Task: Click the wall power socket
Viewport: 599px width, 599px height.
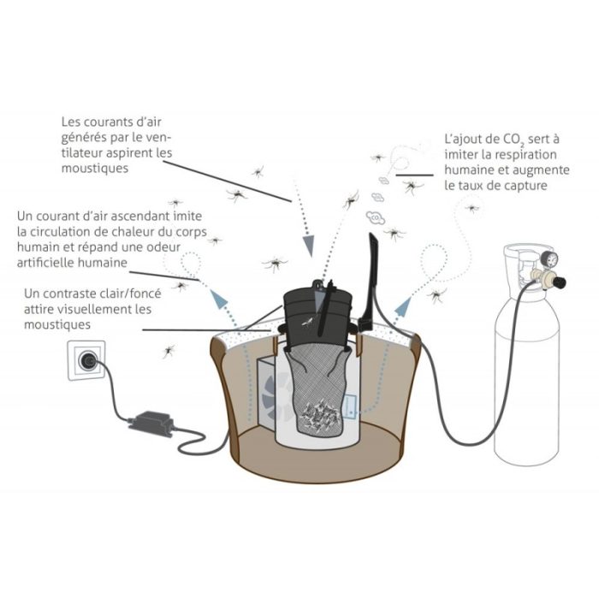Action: point(86,360)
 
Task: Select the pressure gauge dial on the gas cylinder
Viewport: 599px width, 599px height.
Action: point(549,260)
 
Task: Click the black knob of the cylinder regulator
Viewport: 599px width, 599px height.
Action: point(560,282)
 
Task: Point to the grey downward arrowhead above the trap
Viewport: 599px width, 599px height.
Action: point(308,246)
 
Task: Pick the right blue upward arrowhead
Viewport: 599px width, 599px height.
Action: point(403,306)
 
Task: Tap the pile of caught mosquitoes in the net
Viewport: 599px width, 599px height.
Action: point(321,413)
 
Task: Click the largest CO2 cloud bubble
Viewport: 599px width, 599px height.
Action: point(375,217)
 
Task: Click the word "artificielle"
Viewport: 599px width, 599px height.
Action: point(45,263)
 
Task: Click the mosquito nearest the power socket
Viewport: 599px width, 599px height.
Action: point(169,351)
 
